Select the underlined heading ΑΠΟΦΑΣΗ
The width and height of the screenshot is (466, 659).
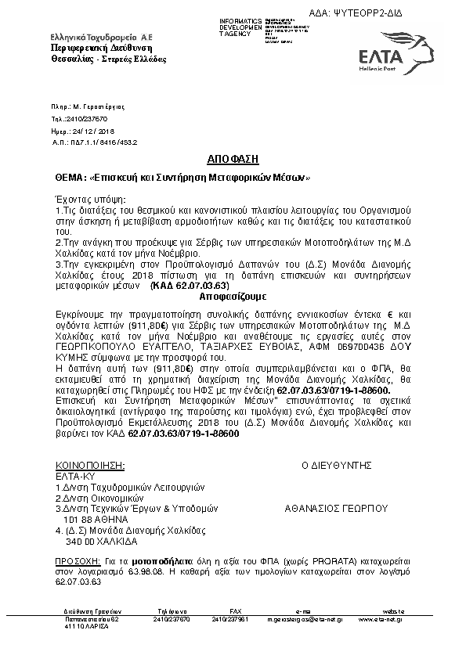[233, 158]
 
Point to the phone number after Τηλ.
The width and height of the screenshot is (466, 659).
[84, 119]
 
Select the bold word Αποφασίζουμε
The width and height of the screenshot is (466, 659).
[233, 298]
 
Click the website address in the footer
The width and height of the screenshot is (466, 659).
[383, 618]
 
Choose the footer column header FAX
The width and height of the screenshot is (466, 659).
[236, 610]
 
